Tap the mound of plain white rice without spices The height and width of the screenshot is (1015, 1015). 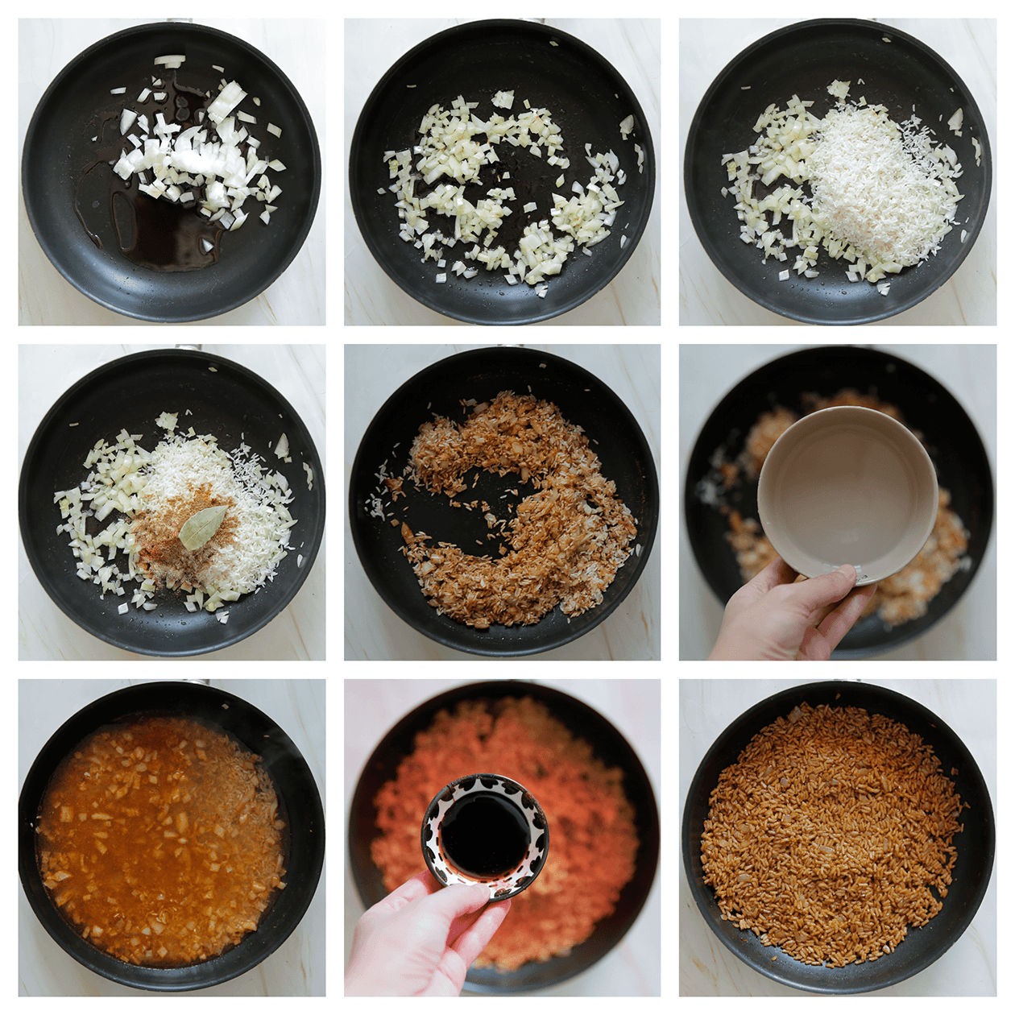pos(878,185)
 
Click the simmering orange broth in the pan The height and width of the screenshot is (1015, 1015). pos(161,838)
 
